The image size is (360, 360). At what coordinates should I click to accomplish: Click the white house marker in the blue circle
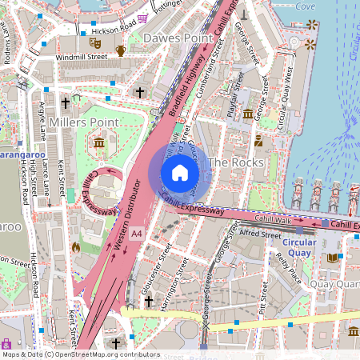tap(179, 172)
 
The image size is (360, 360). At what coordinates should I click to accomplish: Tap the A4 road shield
tap(136, 234)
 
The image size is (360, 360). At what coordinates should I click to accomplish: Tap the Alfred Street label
tap(259, 234)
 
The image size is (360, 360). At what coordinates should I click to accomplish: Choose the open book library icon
tap(333, 258)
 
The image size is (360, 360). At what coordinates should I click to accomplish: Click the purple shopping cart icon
tap(6, 343)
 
